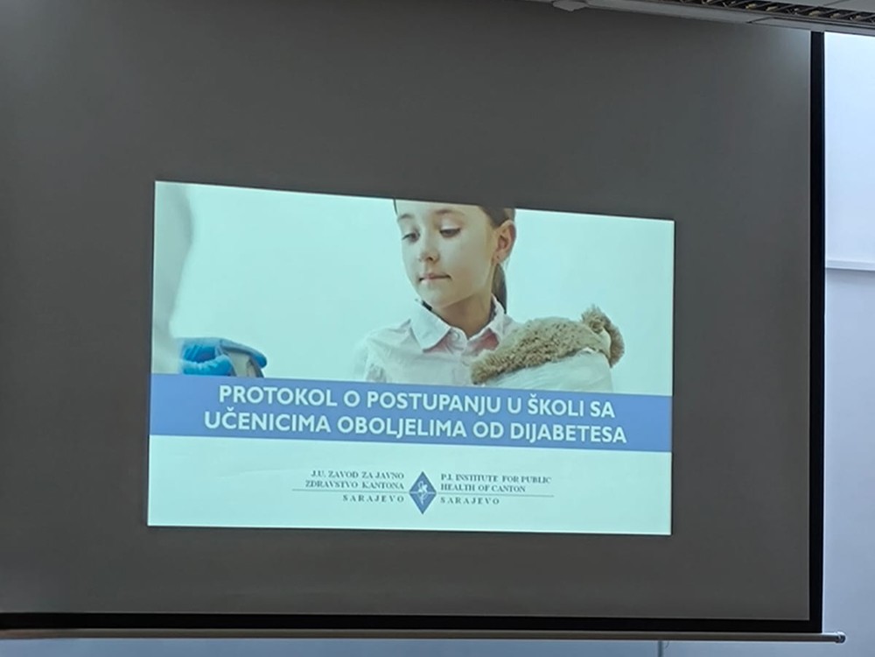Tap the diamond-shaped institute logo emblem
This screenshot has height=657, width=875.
tap(423, 492)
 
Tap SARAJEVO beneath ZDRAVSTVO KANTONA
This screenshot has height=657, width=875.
tap(374, 498)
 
